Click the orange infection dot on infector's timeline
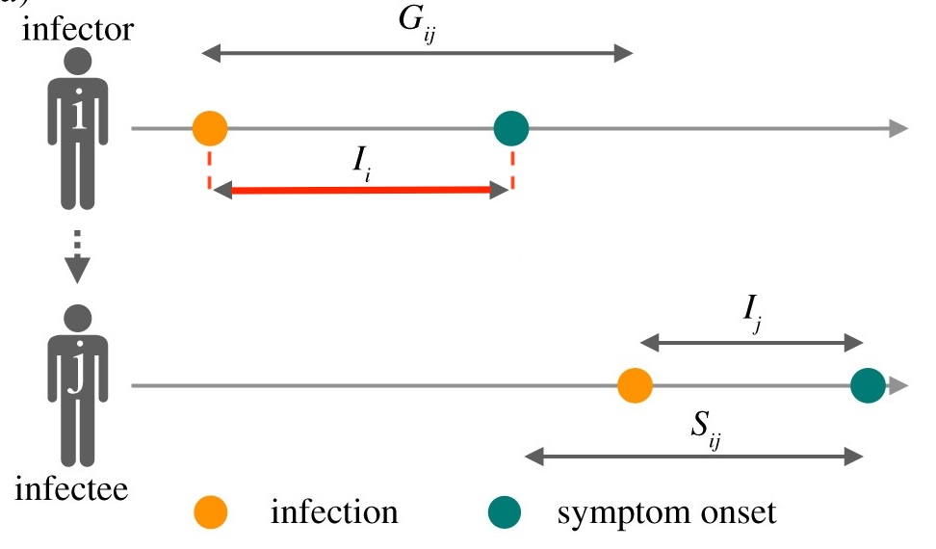[210, 127]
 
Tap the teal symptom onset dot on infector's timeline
[510, 127]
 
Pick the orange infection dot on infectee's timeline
[635, 386]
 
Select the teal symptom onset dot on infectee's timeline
[868, 386]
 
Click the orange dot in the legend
[210, 511]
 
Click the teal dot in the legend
[504, 511]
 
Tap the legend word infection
[334, 511]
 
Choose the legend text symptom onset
[665, 511]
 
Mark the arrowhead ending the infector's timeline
[897, 127]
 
